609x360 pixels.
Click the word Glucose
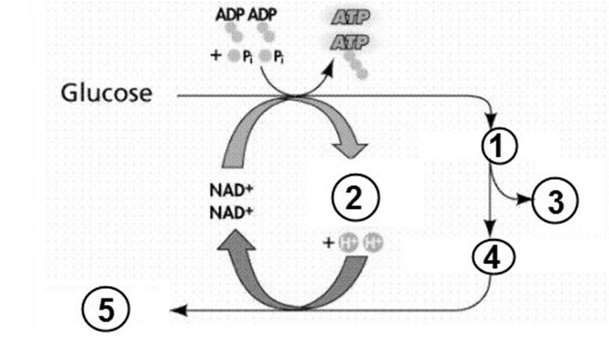click(x=107, y=93)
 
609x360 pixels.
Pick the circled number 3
click(x=555, y=202)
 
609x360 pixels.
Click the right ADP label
click(x=262, y=16)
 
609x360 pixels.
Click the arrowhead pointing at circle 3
click(x=526, y=200)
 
